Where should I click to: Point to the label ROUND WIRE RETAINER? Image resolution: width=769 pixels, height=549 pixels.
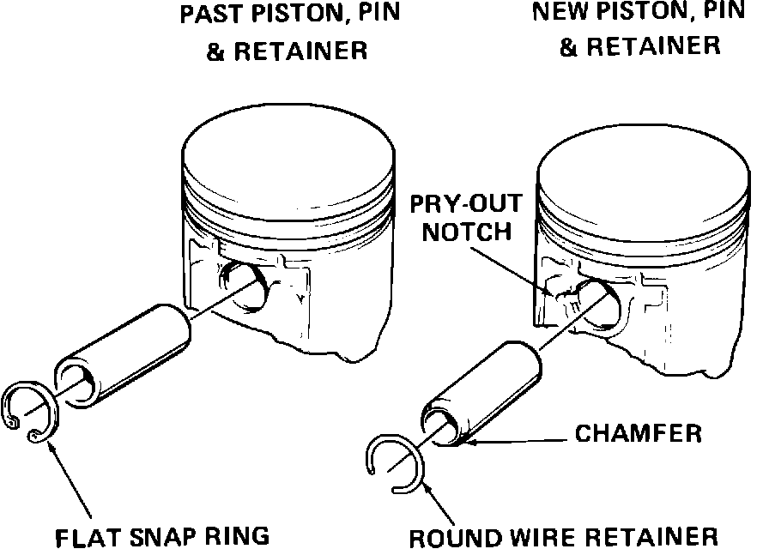[x=562, y=536]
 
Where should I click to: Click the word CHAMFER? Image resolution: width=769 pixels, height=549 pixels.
[x=639, y=433]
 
